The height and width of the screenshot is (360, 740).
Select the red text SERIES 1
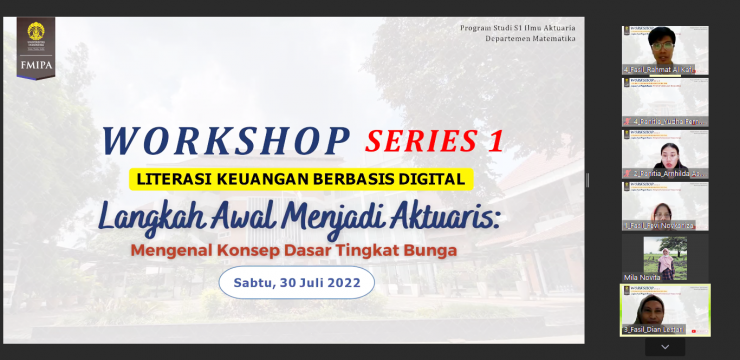434,141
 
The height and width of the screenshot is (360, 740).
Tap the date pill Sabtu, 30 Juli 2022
296,283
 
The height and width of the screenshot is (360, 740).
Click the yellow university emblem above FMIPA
36,33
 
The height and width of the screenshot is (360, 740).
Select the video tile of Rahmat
665,50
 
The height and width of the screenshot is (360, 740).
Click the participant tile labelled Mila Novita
665,258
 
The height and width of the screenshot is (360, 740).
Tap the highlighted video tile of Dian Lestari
665,310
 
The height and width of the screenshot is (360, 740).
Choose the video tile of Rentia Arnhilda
665,154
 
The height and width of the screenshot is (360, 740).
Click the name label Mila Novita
643,277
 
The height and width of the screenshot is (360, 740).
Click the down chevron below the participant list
665,347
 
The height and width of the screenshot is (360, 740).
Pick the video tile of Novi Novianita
665,206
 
